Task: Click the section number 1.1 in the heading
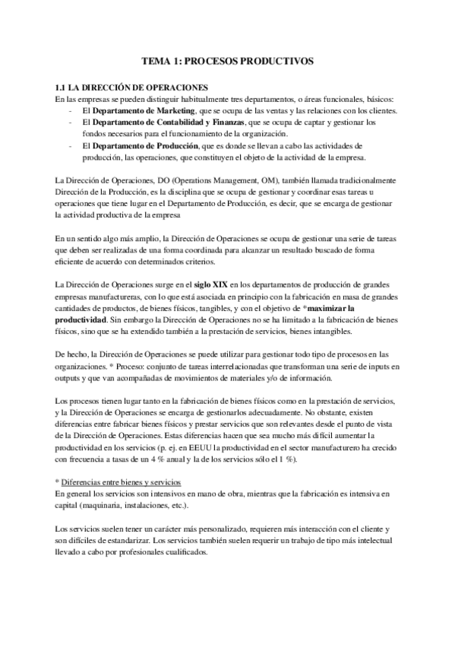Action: [63, 88]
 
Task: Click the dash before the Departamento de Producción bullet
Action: [71, 145]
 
